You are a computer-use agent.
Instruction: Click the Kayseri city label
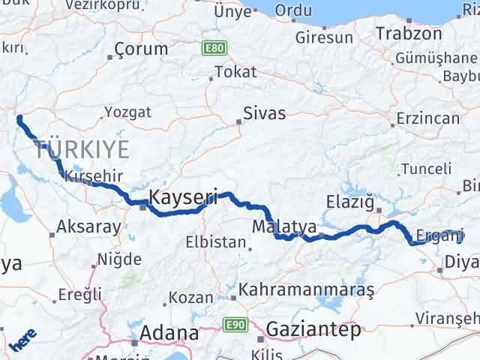(184, 198)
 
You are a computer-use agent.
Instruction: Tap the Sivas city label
(264, 114)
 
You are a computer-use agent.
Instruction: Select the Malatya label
(284, 226)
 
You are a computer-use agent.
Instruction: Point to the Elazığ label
(349, 201)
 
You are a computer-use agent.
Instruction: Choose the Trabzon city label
(409, 34)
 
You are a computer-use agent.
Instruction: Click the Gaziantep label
(313, 329)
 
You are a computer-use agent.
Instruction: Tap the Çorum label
(141, 49)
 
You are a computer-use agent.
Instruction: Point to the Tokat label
(235, 72)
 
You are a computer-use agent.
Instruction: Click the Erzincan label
(427, 119)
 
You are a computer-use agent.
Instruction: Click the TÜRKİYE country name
(82, 148)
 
